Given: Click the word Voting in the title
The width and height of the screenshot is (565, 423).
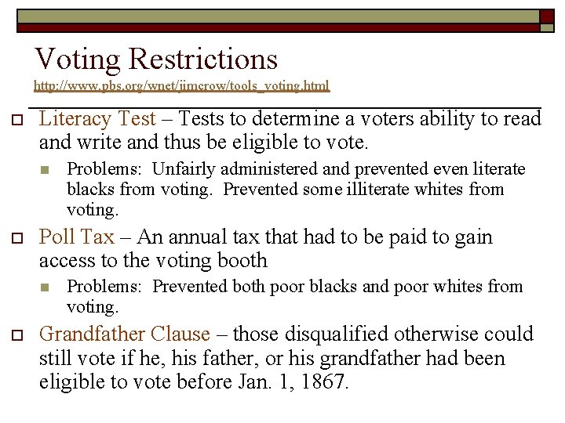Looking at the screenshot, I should (x=78, y=60).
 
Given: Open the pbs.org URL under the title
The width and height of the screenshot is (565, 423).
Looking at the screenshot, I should (x=181, y=85).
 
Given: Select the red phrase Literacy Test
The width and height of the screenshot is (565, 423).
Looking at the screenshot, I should (x=97, y=119).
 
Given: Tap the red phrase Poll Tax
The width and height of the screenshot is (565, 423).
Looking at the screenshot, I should (x=76, y=237).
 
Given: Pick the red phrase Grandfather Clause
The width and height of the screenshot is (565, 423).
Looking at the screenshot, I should (x=124, y=334).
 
